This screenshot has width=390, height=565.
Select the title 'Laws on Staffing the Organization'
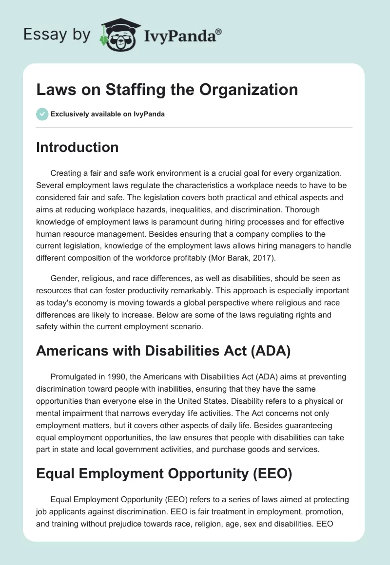[167, 90]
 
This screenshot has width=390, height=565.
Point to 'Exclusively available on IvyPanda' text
[107, 114]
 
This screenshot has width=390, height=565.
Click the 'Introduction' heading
[77, 147]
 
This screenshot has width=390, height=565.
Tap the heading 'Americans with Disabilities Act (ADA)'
[163, 351]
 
